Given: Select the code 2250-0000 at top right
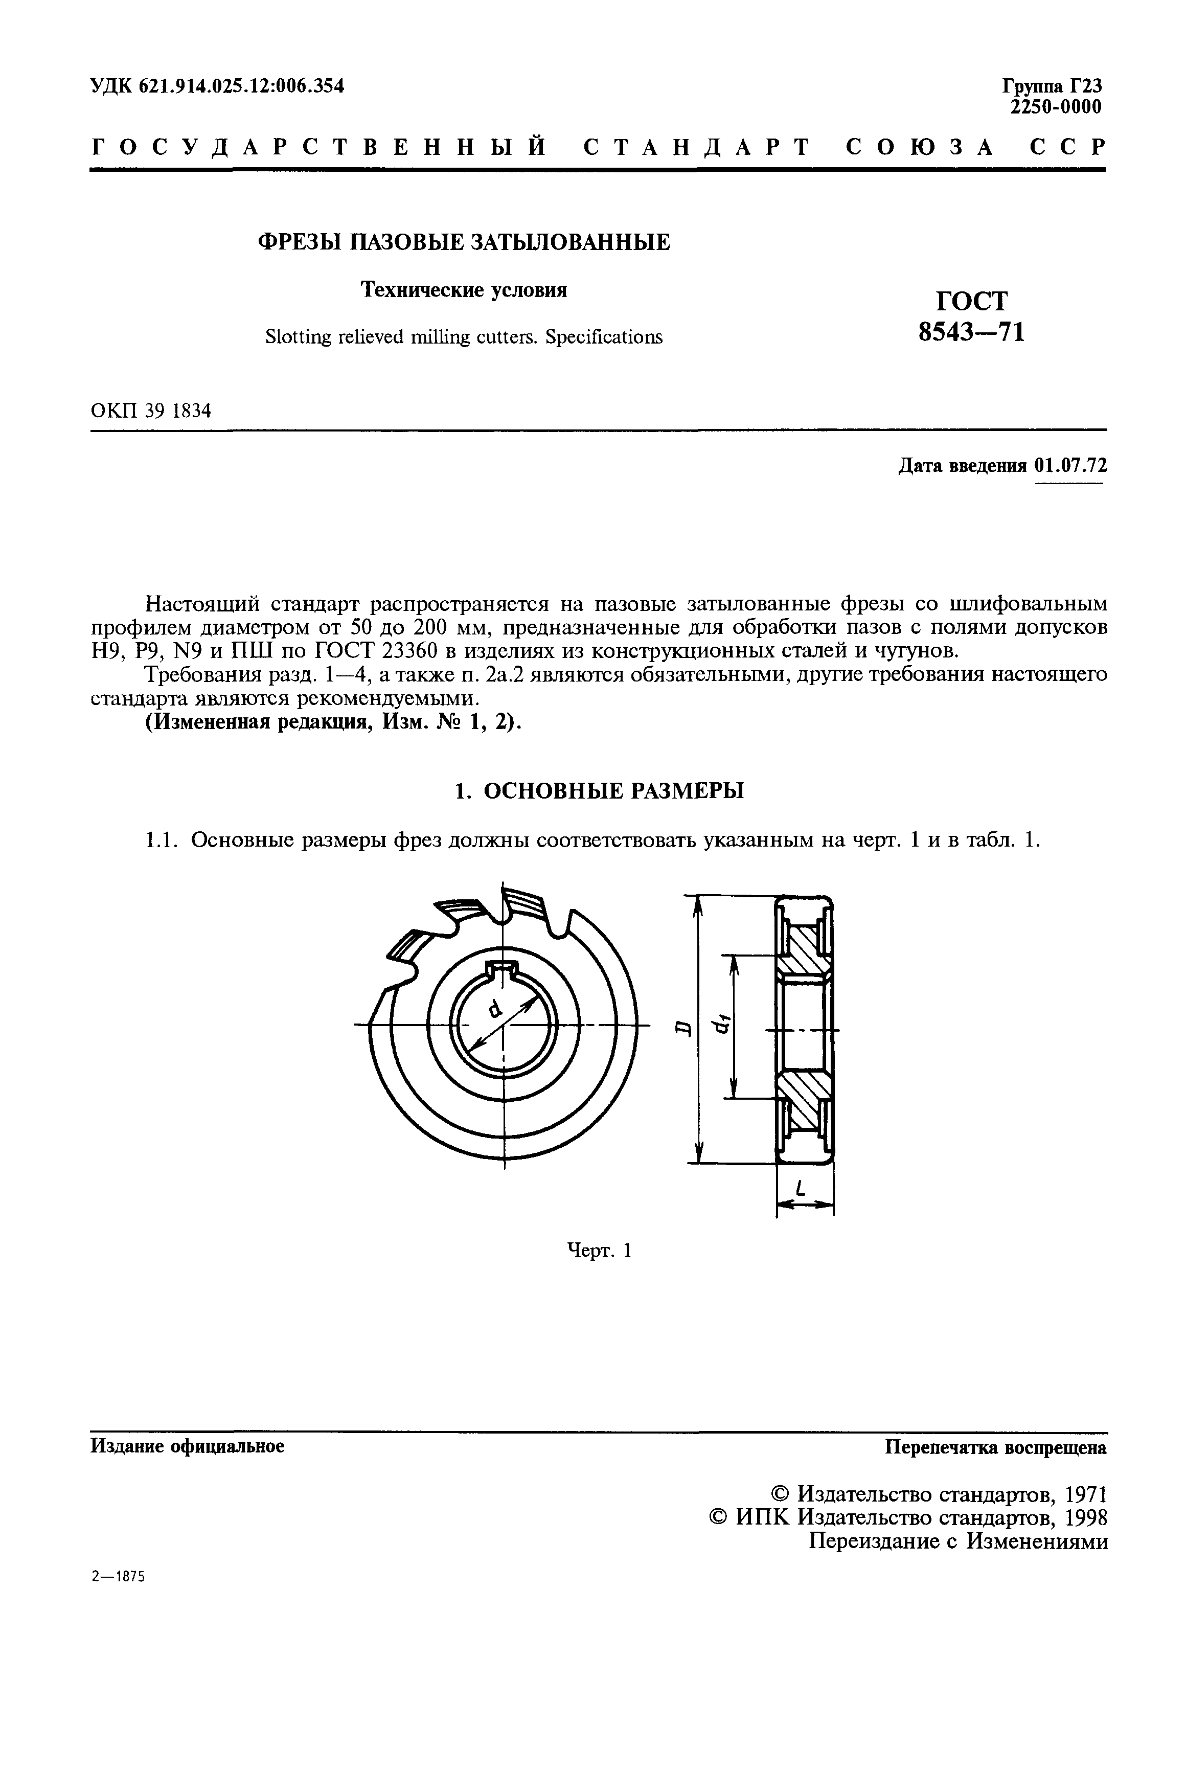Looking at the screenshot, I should (1056, 107).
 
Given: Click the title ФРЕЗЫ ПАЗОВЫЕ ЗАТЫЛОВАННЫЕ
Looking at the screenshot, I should (464, 242).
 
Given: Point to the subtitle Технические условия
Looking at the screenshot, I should (464, 290).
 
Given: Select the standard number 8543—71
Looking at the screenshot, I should (972, 332).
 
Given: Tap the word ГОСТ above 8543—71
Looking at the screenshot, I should (972, 301).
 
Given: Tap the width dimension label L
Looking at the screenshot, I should (801, 1190).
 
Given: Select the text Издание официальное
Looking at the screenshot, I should (188, 1446).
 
